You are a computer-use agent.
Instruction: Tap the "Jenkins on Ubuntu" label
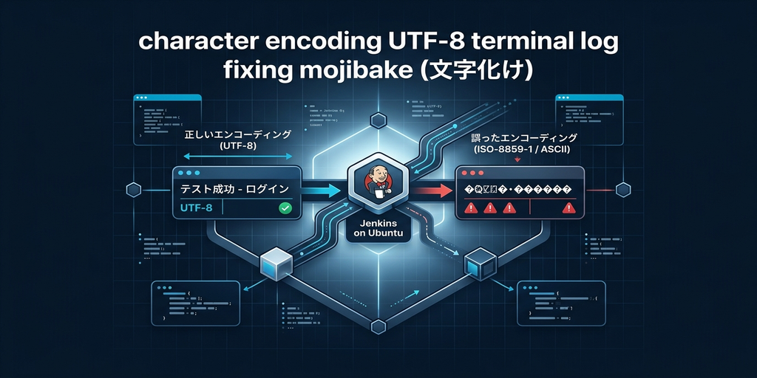pos(378,230)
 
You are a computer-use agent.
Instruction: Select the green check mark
pos(284,209)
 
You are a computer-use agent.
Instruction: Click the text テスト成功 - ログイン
pos(234,190)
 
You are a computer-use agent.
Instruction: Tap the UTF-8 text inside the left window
pos(197,209)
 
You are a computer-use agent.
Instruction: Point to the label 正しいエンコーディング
pos(237,135)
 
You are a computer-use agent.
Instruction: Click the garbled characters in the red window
pos(518,189)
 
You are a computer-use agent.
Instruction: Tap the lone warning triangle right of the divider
pos(568,209)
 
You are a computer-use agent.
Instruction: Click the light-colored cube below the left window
pos(273,261)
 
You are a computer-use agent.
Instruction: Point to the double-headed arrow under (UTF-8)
pos(237,157)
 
